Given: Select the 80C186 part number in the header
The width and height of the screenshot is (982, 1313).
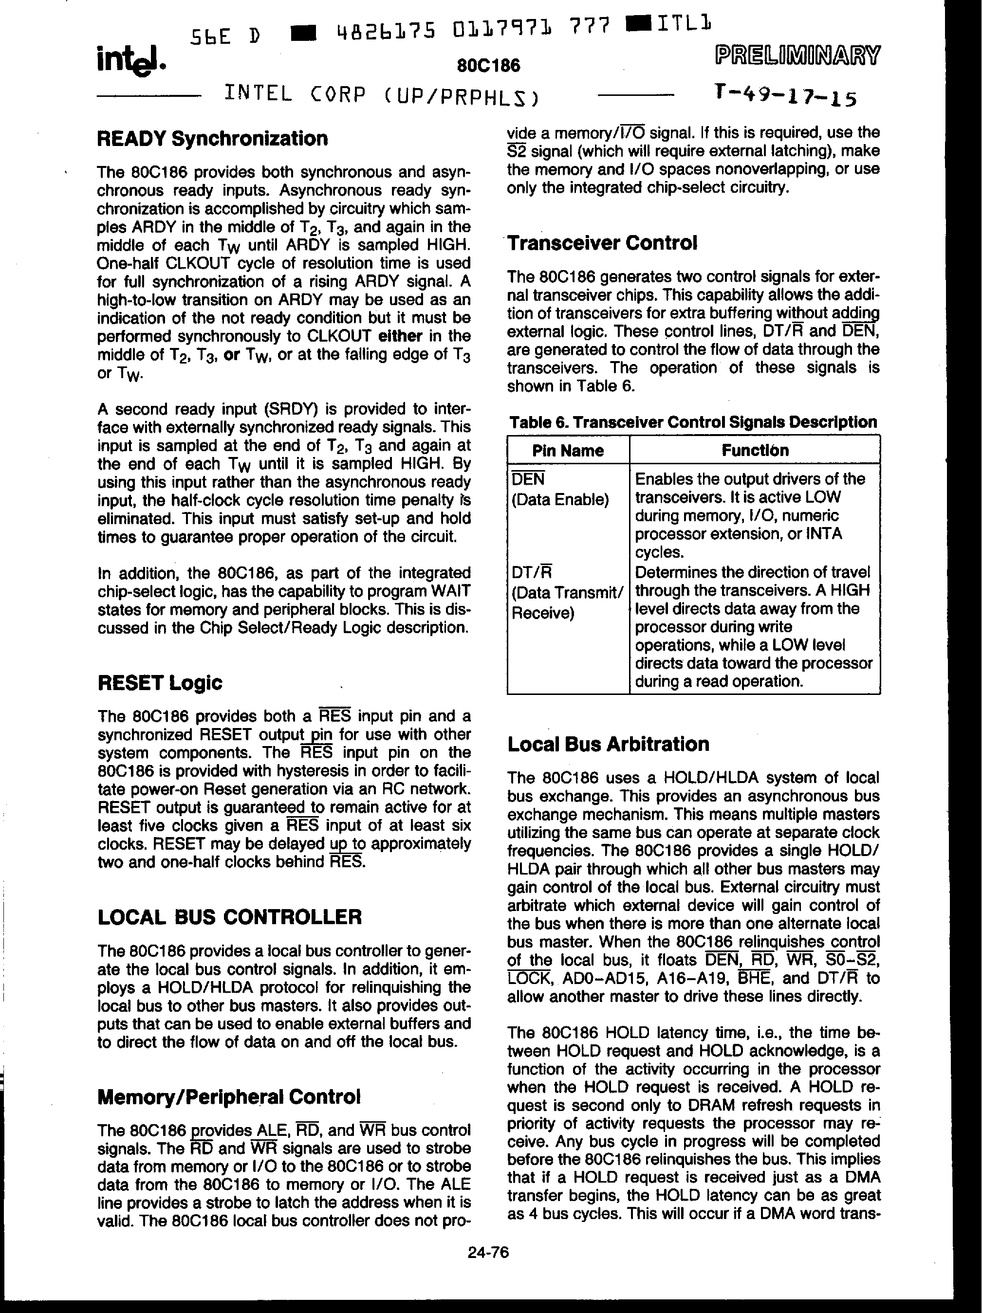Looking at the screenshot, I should click(x=489, y=65).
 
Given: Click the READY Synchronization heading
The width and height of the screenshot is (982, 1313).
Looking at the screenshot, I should click(x=213, y=138).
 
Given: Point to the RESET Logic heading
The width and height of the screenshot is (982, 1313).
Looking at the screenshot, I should click(x=160, y=683).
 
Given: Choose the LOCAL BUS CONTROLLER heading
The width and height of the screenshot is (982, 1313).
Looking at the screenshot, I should click(x=229, y=916).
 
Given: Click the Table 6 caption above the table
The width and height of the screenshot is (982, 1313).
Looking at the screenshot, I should click(x=693, y=422).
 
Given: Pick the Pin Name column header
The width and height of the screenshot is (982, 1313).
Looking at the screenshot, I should click(x=568, y=451).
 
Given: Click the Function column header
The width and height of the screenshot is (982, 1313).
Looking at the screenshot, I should click(x=755, y=451).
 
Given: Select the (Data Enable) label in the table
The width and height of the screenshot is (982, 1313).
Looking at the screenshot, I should click(x=560, y=500).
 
